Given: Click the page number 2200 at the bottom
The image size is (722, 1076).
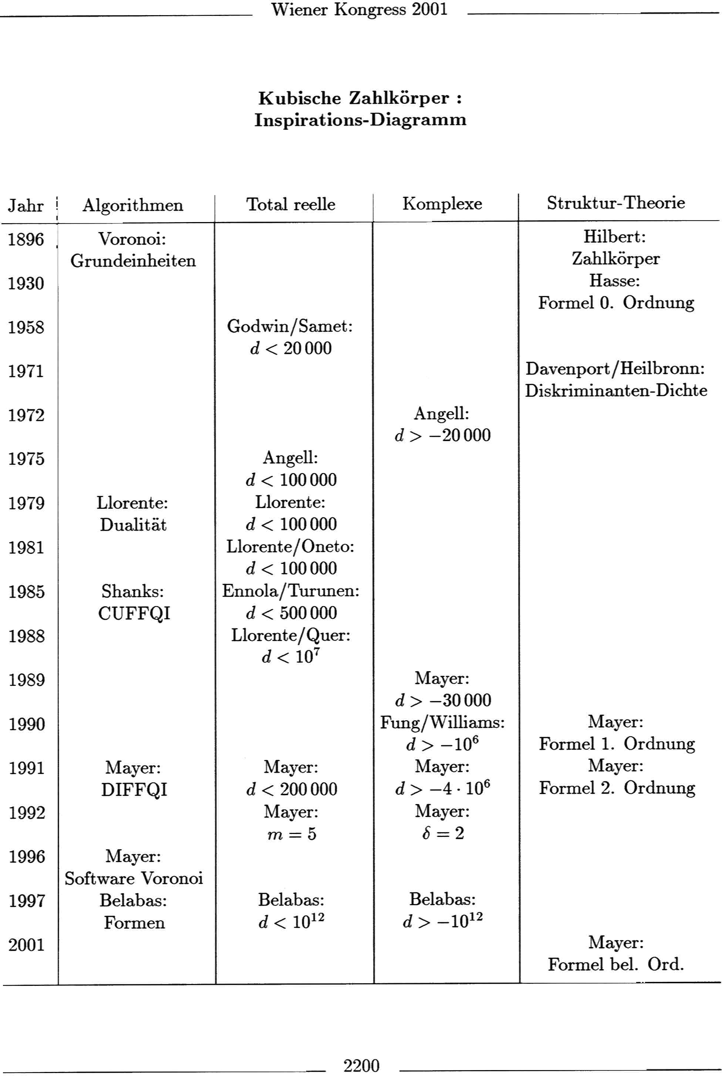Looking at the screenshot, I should tap(361, 1065).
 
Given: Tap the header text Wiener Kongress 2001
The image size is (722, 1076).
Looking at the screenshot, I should tap(359, 9).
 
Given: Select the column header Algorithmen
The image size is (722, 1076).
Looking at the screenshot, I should tap(133, 205).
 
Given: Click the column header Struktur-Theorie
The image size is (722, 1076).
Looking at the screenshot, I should tap(615, 203).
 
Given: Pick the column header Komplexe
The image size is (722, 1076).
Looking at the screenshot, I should tap(442, 204).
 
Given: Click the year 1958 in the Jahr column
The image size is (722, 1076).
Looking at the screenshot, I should tap(26, 327).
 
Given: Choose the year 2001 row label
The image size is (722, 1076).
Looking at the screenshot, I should tap(26, 945).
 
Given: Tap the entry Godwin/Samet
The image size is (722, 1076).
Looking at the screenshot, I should tap(290, 327).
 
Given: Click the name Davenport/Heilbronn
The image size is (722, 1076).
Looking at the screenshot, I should tap(615, 368).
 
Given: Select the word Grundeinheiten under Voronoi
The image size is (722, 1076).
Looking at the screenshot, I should tap(133, 261).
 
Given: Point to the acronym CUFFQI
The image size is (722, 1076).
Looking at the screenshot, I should tap(134, 614).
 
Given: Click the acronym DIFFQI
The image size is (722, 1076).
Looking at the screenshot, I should tap(134, 790).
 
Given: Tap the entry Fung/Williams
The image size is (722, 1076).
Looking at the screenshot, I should tap(442, 723).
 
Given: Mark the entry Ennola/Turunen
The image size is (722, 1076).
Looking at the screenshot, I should tap(291, 591).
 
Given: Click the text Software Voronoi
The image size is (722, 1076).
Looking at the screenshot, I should tap(134, 879).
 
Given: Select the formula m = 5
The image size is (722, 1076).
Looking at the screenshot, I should tap(292, 834).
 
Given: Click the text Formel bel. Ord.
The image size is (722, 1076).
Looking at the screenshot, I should tap(615, 965).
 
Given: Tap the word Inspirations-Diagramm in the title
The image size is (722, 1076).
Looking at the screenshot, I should tap(360, 120).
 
